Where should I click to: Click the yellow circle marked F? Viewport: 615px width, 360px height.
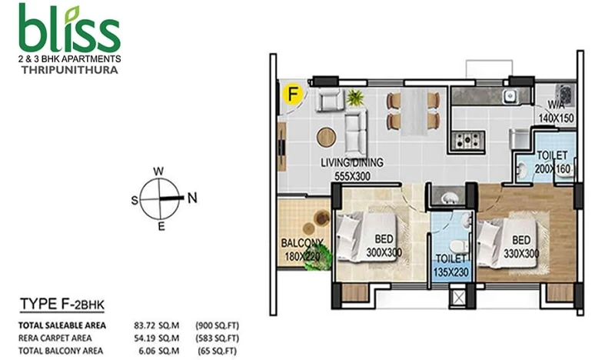[x=293, y=94]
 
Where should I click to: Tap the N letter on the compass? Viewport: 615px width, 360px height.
[x=192, y=198]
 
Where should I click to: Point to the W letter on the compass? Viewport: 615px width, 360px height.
[x=158, y=172]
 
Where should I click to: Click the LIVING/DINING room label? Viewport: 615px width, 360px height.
[x=352, y=162]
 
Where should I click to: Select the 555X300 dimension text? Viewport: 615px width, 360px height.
[x=352, y=177]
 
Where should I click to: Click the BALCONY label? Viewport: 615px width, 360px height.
[x=302, y=243]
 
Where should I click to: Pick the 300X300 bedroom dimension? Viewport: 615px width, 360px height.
[x=384, y=252]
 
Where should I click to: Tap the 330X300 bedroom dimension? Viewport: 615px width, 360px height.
[x=521, y=254]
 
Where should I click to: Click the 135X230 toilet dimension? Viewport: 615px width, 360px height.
[x=451, y=272]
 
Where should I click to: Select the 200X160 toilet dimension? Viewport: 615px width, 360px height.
[x=552, y=169]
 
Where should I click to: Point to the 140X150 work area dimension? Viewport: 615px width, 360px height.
[x=556, y=118]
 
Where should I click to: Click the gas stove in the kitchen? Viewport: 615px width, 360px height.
[x=467, y=139]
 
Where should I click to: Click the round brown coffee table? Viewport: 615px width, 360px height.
[x=326, y=138]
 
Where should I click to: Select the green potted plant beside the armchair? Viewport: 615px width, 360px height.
[x=355, y=98]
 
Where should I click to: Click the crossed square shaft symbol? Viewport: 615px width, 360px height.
[x=458, y=297]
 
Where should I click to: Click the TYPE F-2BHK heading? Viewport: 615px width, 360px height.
[x=62, y=305]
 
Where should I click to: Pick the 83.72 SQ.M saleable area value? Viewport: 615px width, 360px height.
[x=157, y=325]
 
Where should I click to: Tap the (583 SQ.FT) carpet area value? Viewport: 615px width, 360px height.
[x=217, y=338]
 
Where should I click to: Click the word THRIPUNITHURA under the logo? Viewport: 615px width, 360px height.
[x=69, y=70]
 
